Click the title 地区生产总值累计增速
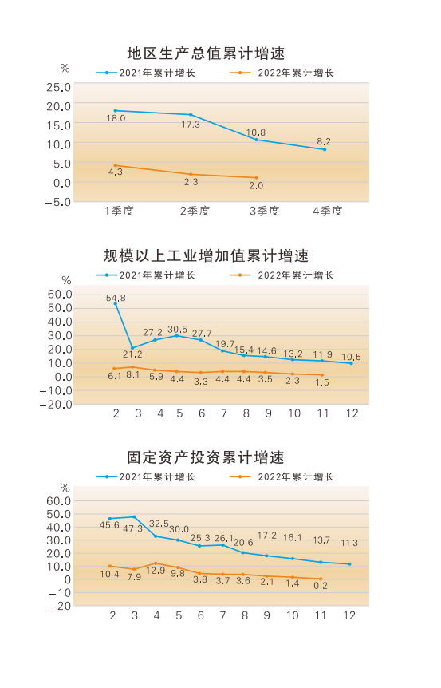[x=206, y=53]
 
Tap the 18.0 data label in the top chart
[x=116, y=118]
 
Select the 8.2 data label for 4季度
[x=324, y=141]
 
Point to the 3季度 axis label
[x=264, y=211]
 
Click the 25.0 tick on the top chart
[x=59, y=87]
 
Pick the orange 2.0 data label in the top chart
[x=256, y=186]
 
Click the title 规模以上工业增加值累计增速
[x=206, y=255]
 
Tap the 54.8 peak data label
[x=116, y=298]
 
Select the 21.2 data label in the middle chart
[x=132, y=354]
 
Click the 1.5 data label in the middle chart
[x=322, y=382]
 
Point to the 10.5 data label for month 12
[x=351, y=357]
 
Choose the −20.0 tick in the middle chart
[x=56, y=405]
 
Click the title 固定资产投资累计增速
[x=206, y=457]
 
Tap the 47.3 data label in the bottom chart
[x=132, y=528]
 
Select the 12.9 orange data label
[x=156, y=571]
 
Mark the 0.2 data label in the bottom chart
[x=321, y=586]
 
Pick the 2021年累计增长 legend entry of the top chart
[x=146, y=73]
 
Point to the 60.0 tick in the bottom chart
[x=59, y=501]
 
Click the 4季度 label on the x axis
[x=328, y=211]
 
